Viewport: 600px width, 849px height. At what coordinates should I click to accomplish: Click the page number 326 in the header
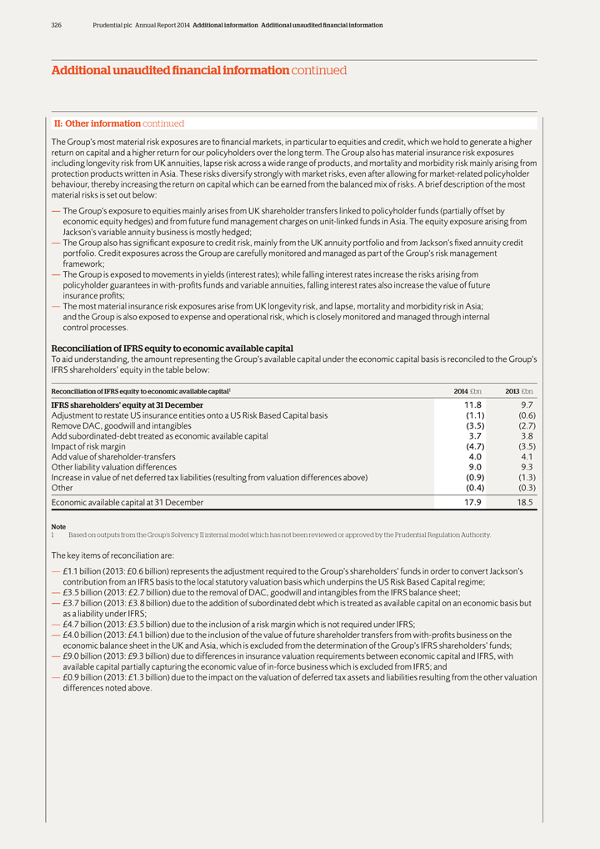click(57, 25)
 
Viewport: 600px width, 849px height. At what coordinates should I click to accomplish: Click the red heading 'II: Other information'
click(92, 123)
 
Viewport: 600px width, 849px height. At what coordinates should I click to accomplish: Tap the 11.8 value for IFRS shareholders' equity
click(472, 405)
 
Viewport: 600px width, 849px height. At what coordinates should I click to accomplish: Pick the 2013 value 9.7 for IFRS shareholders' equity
click(527, 405)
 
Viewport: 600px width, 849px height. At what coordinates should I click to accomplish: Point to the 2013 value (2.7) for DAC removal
click(527, 425)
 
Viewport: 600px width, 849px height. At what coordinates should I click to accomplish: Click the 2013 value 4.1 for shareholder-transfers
click(527, 456)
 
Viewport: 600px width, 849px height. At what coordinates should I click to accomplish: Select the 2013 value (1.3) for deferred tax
click(527, 477)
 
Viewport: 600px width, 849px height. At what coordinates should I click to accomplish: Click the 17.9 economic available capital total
click(472, 503)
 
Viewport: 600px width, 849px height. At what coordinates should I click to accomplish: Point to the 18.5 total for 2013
click(526, 503)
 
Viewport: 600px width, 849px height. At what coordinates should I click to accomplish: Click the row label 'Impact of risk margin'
click(94, 446)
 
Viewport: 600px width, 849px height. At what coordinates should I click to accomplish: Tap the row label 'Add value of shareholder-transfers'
click(113, 456)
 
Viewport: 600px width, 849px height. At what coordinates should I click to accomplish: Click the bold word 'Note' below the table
click(58, 526)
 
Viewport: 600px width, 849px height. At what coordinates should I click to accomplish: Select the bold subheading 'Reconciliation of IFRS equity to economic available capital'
click(172, 348)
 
